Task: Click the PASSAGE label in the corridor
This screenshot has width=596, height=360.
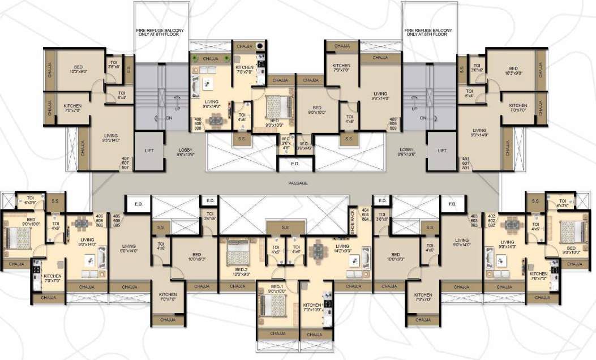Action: (x=297, y=183)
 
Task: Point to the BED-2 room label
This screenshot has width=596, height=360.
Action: (x=242, y=272)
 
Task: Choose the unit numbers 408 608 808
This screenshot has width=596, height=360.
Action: (x=198, y=124)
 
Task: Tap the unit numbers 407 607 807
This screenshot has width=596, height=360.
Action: (x=126, y=162)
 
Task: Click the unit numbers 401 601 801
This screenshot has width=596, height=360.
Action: (x=466, y=162)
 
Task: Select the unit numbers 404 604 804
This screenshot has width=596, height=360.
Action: (x=366, y=215)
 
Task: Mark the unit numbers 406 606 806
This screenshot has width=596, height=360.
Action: (x=99, y=220)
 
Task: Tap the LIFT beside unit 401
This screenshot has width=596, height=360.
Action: (x=441, y=151)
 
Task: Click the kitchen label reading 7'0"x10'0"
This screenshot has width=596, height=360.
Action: (x=312, y=307)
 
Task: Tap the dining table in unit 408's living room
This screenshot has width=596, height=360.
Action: (x=216, y=120)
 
